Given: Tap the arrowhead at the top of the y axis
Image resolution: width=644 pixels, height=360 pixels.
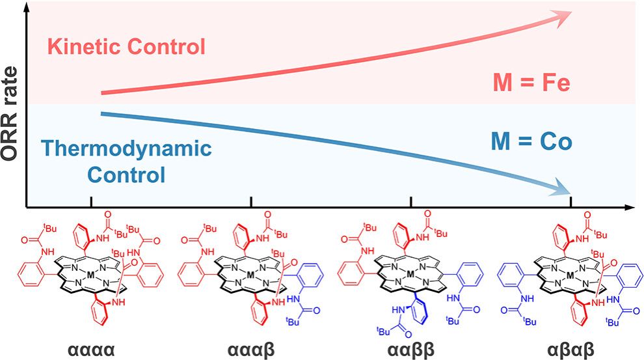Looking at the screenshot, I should [x=25, y=8].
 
